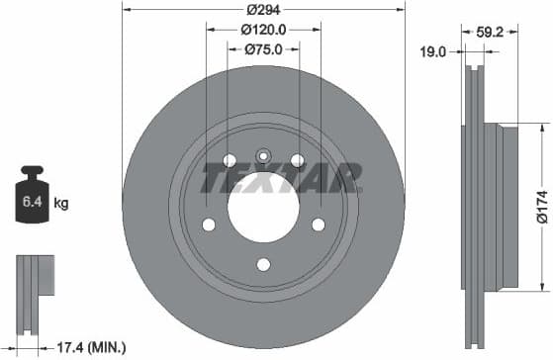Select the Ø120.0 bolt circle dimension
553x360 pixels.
coord(263,31)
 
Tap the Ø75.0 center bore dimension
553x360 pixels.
coord(263,48)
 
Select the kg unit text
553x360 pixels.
coord(61,204)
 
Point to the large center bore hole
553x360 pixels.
coord(263,206)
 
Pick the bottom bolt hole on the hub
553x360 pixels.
coord(263,263)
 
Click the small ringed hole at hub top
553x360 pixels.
coord(263,155)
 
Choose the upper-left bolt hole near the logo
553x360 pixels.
coord(230,160)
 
